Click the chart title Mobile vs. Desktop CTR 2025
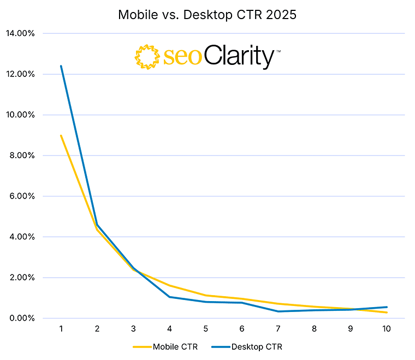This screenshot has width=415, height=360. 207,15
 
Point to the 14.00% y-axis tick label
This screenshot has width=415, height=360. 20,33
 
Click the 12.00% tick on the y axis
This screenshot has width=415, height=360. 20,74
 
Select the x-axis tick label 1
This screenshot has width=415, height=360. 61,329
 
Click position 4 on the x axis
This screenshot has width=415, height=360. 169,329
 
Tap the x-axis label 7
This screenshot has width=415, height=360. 278,329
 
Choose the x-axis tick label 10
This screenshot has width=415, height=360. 387,329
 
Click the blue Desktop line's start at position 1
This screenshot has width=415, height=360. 61,66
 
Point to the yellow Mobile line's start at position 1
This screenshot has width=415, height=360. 61,135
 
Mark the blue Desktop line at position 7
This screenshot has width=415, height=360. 278,311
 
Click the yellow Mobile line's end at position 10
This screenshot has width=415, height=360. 387,313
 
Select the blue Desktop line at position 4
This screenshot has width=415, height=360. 169,297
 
